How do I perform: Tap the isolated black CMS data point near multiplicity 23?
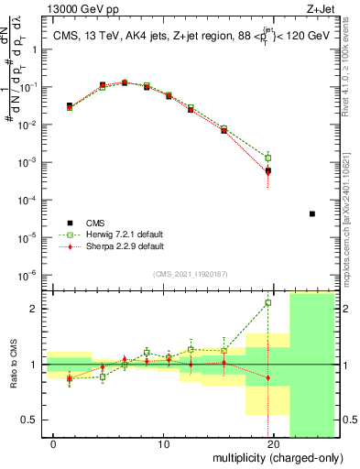click(x=312, y=213)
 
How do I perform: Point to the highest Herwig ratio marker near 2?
click(x=268, y=302)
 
